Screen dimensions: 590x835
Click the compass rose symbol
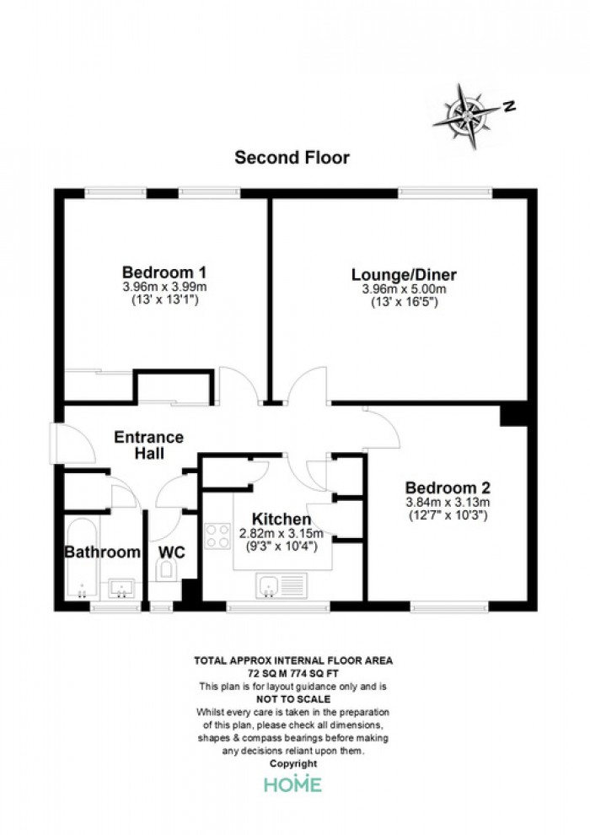(467, 116)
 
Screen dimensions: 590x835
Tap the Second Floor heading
(292, 158)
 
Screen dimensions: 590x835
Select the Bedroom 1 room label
(164, 272)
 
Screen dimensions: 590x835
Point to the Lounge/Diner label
(404, 275)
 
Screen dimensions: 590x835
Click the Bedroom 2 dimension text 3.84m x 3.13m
(448, 502)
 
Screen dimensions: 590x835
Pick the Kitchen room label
(282, 519)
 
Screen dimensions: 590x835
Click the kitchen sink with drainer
(282, 586)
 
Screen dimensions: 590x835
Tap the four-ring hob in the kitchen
(217, 536)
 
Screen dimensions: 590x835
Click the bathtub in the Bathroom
(82, 558)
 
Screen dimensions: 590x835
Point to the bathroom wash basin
(121, 589)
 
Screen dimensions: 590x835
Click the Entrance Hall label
(149, 445)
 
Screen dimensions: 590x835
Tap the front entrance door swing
(73, 444)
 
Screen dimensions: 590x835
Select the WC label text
(172, 552)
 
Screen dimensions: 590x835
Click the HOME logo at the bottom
(293, 784)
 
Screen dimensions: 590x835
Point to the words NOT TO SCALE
(293, 699)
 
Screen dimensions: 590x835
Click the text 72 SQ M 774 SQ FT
(293, 674)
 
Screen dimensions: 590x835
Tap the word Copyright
(293, 763)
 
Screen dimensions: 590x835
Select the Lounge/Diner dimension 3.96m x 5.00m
(404, 289)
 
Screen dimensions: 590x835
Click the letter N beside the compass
(509, 106)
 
